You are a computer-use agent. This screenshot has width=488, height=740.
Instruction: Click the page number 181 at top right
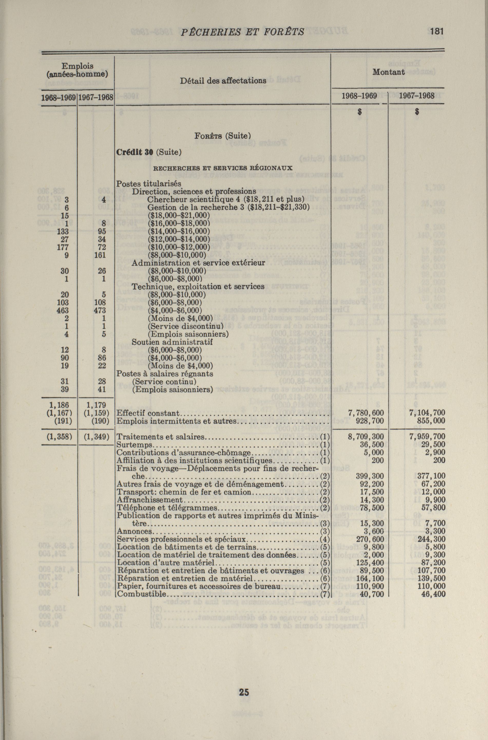click(x=437, y=31)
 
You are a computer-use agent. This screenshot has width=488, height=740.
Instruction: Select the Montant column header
click(x=388, y=72)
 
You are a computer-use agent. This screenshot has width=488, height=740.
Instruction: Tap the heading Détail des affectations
click(x=223, y=81)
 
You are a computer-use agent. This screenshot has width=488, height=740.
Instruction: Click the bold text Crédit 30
click(x=135, y=152)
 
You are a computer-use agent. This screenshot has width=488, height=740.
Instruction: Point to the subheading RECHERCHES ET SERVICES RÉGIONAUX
click(x=223, y=168)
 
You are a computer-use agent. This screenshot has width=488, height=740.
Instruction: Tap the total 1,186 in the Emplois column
click(x=62, y=405)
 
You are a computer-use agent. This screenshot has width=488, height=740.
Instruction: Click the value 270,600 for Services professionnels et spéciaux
click(x=370, y=539)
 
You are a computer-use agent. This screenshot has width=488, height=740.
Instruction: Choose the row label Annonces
click(x=135, y=531)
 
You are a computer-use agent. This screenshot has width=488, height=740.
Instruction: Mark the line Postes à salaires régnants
click(x=165, y=374)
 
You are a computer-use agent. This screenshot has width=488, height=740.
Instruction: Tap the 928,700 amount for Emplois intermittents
click(x=370, y=421)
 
